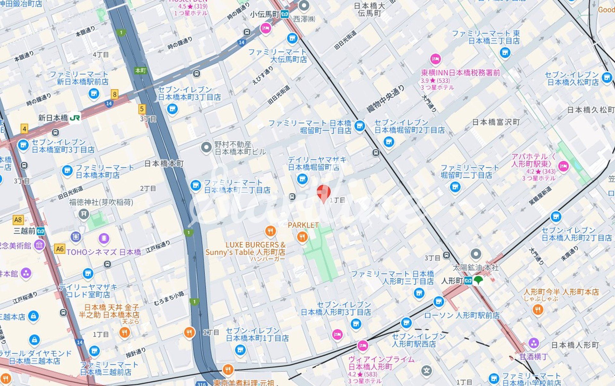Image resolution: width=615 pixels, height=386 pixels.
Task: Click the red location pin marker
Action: tap(324, 192)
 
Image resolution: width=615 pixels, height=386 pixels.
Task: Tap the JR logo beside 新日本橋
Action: tap(75, 118)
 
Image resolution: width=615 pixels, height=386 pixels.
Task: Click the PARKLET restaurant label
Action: tap(303, 225)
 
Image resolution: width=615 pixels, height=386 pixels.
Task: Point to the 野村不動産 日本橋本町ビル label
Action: tap(240, 148)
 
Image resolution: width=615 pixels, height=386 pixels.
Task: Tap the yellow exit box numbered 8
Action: tap(114, 94)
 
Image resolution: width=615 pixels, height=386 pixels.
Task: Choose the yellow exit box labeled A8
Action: tap(18, 220)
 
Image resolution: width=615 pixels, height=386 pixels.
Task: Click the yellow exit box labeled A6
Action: tap(60, 249)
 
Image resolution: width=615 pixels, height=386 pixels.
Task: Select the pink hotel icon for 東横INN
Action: tap(435, 59)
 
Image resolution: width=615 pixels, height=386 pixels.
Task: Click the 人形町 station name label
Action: tap(452, 281)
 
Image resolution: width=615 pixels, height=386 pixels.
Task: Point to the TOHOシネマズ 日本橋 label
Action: tap(103, 252)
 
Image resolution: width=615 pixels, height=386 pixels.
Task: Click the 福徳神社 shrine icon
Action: tap(84, 214)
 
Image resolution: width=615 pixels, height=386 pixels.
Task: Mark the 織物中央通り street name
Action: tap(386, 99)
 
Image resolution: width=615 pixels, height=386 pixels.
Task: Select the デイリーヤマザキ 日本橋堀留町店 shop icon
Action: tap(302, 179)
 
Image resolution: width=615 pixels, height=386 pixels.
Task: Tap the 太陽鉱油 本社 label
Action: tap(476, 267)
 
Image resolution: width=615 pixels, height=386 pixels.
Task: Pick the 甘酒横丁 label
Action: tap(534, 357)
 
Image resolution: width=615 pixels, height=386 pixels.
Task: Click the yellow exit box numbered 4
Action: tap(24, 129)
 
